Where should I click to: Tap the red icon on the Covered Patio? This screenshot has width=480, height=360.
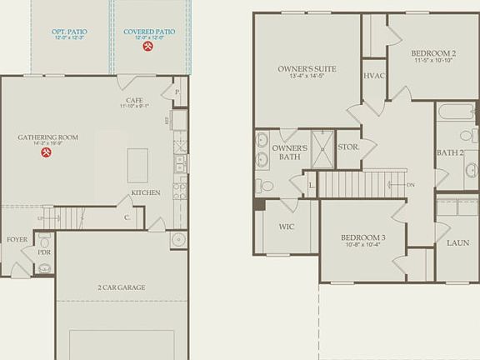148,47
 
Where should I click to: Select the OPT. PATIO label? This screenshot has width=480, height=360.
69,32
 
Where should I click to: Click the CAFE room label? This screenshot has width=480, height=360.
133,100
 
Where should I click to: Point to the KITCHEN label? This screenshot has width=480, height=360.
145,192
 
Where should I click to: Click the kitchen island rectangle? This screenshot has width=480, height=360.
137,165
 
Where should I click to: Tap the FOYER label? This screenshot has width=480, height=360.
17,239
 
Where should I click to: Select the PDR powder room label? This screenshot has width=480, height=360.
44,252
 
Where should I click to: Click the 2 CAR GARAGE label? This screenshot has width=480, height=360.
121,287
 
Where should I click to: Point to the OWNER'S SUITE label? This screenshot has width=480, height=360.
307,69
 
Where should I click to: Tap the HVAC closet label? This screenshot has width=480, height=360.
373,75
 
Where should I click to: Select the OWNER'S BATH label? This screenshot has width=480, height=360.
290,152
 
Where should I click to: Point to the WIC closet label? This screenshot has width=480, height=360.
286,226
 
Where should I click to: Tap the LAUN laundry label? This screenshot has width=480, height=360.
457,242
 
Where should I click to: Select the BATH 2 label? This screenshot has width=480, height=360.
450,152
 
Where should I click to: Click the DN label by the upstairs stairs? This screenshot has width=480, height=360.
411,184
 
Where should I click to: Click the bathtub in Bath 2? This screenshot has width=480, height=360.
456,112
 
